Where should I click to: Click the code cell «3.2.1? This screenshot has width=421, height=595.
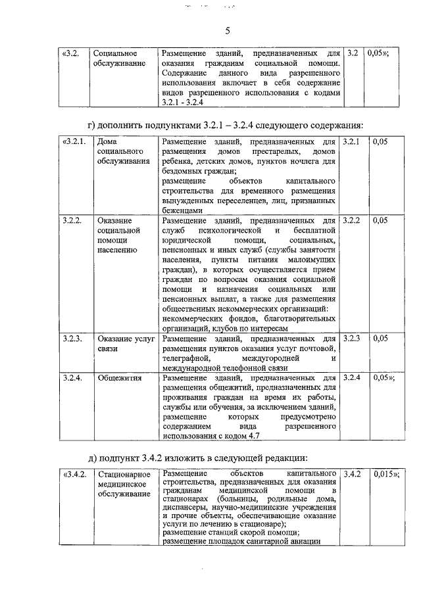click(73, 141)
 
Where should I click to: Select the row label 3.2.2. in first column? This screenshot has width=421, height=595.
click(71, 220)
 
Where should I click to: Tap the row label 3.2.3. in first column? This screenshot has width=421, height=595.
click(71, 338)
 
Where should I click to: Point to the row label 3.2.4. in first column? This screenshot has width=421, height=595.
click(71, 378)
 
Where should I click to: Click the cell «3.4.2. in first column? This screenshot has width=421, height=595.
click(73, 473)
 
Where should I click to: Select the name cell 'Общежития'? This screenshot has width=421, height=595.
click(118, 378)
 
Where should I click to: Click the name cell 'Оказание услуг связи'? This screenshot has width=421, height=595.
click(125, 343)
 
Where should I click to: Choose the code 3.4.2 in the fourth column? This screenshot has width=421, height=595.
click(353, 473)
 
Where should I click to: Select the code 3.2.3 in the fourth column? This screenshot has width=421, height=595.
click(352, 338)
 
